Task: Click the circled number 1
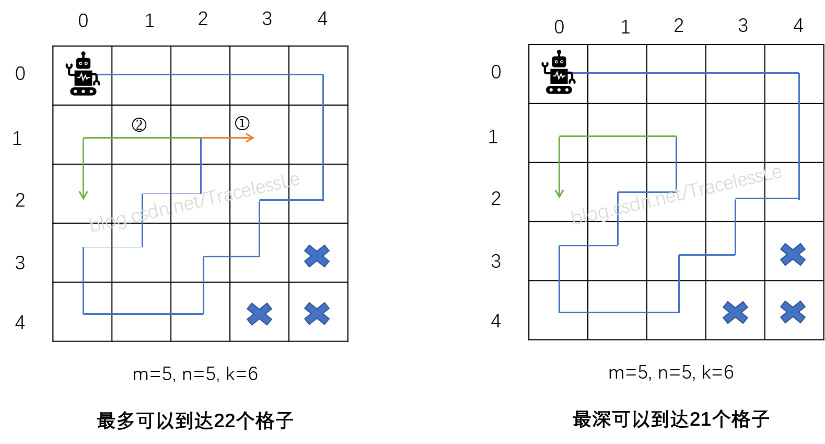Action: [242, 123]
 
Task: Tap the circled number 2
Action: [139, 124]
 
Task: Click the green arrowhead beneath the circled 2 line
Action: [83, 195]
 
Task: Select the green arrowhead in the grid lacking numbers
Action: [559, 193]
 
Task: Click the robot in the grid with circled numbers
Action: [83, 74]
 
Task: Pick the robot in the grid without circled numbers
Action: [559, 72]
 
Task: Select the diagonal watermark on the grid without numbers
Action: [676, 195]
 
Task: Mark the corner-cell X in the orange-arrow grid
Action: [317, 314]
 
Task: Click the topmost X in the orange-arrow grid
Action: [317, 256]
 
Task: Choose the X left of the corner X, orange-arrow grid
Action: [259, 314]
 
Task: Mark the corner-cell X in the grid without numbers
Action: [793, 312]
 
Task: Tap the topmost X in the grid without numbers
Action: [793, 255]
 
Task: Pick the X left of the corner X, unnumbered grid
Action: [735, 312]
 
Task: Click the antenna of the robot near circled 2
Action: [83, 54]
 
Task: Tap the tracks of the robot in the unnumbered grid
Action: [559, 90]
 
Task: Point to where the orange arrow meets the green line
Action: [201, 138]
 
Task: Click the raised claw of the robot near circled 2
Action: [68, 66]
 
